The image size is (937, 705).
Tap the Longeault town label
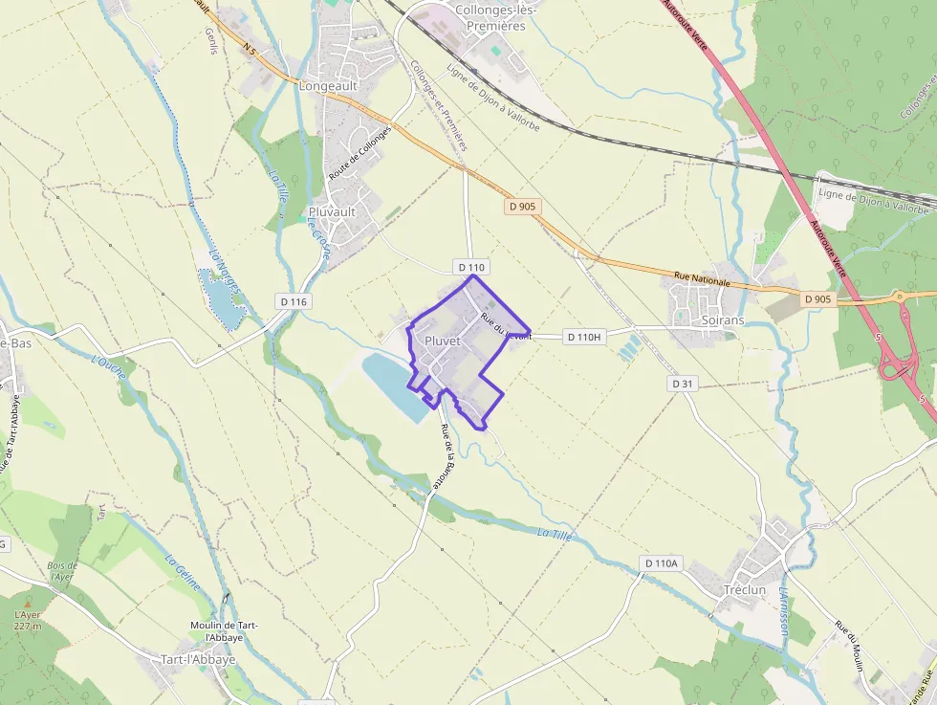328,85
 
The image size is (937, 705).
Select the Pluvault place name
332,211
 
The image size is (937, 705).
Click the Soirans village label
722,320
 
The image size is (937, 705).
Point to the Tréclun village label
745,589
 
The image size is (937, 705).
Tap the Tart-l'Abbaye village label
198,659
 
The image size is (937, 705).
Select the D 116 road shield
294,301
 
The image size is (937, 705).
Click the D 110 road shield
472,266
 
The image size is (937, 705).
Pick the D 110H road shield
582,337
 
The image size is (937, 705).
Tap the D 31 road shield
681,383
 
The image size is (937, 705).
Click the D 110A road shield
661,563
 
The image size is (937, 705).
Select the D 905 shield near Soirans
817,299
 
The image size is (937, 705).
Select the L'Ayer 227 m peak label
28,620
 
